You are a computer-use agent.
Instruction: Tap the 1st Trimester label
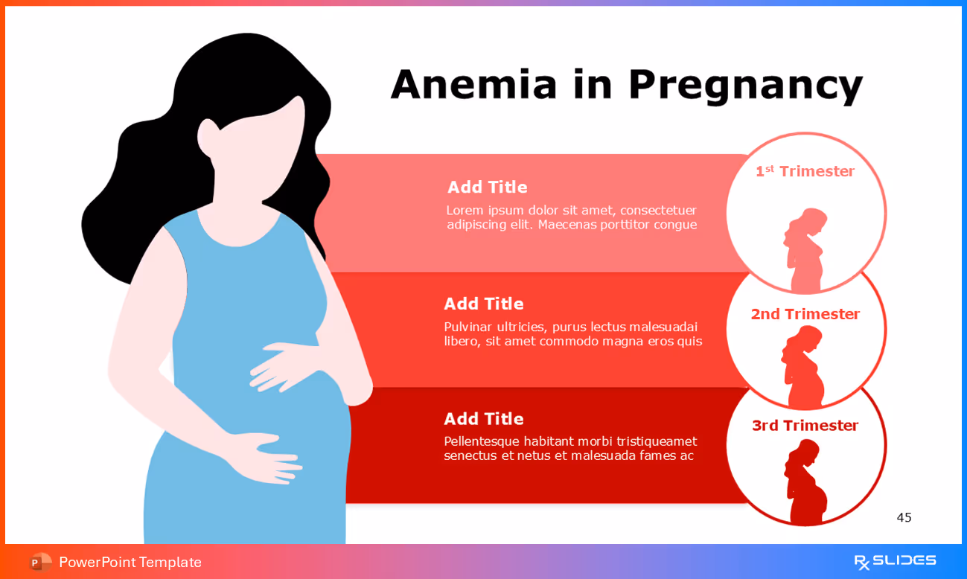805,171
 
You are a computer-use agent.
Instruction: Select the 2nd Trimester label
805,314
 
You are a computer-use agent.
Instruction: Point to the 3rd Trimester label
805,426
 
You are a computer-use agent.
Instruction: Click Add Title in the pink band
487,187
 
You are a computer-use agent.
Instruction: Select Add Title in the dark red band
483,419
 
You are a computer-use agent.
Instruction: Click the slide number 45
904,517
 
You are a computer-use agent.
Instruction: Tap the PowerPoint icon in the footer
40,562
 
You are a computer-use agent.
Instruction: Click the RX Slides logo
895,561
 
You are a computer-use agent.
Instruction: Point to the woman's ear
208,136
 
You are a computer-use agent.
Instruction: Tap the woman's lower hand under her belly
264,456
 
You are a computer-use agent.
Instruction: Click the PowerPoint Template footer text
130,562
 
